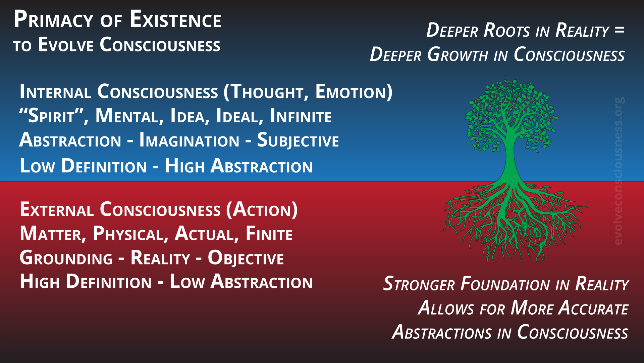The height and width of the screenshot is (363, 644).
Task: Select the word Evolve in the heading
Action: [x=66, y=45]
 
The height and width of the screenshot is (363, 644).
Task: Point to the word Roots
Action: [x=506, y=30]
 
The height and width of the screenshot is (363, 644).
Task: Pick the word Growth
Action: [x=458, y=54]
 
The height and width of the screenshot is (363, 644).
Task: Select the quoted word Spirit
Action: [x=54, y=116]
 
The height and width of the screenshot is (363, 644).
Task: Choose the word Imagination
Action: [x=189, y=140]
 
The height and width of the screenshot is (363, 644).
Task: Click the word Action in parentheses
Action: [x=262, y=209]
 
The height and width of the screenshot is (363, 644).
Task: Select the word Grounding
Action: [x=66, y=258]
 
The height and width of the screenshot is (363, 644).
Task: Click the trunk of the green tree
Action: [x=511, y=158]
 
